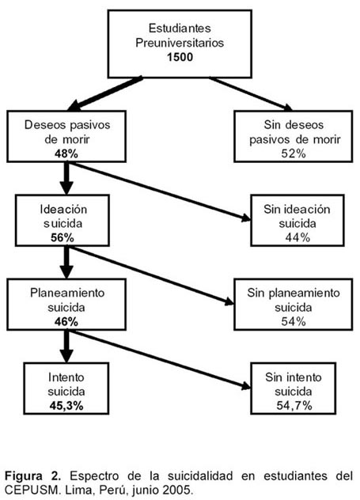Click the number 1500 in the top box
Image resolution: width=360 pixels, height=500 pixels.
180,57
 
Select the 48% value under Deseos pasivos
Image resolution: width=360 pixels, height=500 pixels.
66,154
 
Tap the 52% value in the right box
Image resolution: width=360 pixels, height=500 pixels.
294,153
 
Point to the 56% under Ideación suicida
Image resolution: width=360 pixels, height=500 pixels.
63,238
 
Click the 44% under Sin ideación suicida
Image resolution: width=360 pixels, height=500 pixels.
297,237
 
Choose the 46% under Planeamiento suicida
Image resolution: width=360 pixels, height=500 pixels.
66,322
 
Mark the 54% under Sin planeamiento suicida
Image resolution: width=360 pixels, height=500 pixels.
294,321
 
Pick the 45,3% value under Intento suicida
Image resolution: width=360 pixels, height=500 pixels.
66,406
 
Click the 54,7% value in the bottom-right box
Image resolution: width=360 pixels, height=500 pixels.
294,406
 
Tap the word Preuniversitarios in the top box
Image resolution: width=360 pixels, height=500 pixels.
180,43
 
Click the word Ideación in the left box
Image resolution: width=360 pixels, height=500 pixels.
63,210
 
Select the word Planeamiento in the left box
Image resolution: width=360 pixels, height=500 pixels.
67,293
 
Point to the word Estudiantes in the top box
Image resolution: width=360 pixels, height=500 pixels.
180,28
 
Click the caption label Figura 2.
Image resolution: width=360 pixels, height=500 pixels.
33,476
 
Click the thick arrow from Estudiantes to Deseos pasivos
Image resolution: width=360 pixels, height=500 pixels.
105,93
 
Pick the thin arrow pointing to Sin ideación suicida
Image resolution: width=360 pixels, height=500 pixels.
161,192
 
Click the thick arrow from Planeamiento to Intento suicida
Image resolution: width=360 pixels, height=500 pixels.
66,347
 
